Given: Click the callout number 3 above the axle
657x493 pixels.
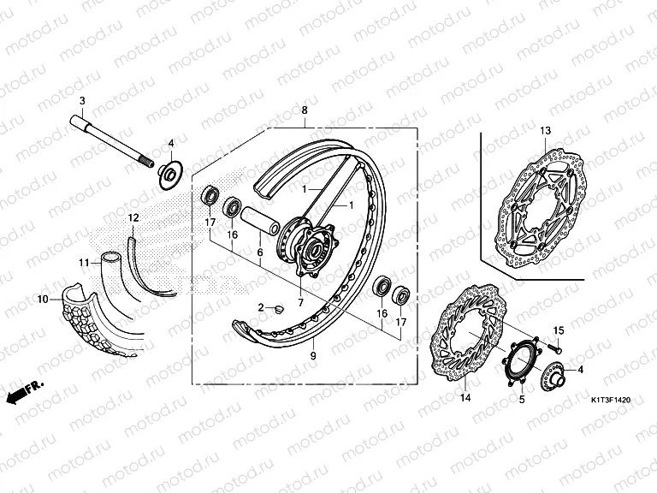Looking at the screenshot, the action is point(82,101).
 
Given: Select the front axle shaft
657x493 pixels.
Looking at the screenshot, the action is point(111,141).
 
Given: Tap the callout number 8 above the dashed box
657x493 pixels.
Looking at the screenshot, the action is point(305,110).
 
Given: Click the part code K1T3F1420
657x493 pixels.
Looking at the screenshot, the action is point(611,401).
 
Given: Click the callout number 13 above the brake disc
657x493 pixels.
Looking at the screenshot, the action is point(545,131).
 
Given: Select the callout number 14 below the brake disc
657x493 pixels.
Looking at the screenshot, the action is point(465,397).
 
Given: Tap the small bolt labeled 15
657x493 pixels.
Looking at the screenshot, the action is point(554,347).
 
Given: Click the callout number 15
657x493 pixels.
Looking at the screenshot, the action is point(559,330).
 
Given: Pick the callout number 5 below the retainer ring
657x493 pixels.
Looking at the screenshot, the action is point(522,400).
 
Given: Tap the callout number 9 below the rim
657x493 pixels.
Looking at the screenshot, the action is point(313,356).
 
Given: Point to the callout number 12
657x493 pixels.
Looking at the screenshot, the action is point(133,218).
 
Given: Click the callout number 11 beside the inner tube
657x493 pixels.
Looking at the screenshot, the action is point(84,263).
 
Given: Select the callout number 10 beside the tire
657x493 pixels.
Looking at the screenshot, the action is point(43,300).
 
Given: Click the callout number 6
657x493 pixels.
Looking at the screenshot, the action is point(260,252).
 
